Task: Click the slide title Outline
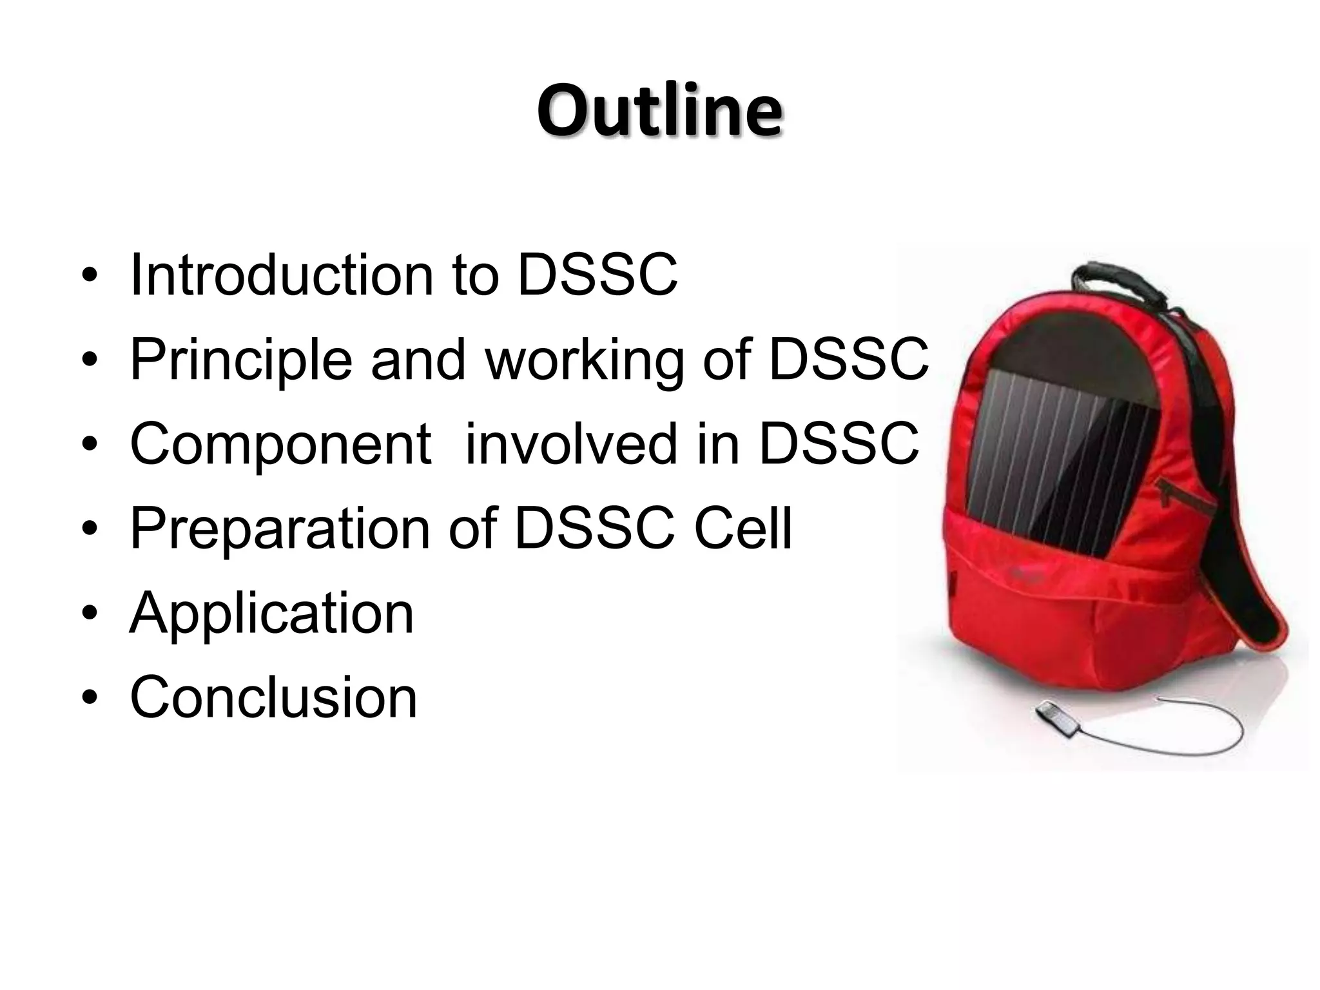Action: tap(659, 111)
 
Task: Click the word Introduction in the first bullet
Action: tap(281, 275)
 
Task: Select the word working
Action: tap(583, 361)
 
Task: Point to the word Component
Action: tap(280, 445)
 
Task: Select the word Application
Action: tap(271, 613)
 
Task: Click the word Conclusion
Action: tap(274, 697)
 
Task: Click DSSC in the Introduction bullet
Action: tap(597, 275)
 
